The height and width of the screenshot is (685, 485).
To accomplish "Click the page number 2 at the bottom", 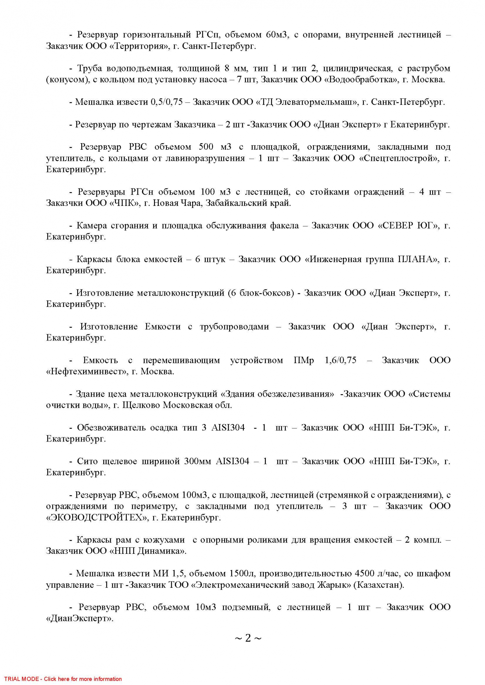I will point(248,638).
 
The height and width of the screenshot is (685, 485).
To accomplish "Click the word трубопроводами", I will point(234,327).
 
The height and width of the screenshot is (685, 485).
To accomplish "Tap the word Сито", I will point(87,461).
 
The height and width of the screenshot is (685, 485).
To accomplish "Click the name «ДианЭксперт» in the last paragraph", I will point(80,619).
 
